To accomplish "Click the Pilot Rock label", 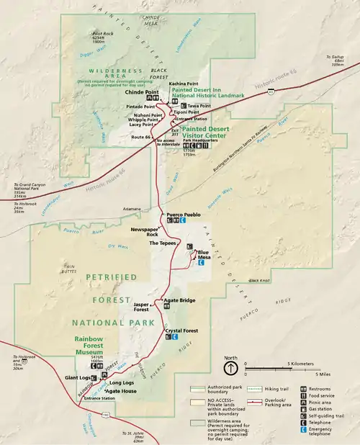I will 102,33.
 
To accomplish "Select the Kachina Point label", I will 183,84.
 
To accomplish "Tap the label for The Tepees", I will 163,244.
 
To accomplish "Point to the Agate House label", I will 120,391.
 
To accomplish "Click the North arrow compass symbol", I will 230,369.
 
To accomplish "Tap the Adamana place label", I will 132,209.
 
